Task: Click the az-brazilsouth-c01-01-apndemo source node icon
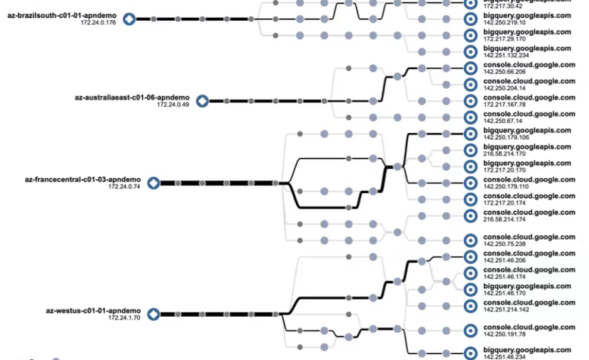click(129, 20)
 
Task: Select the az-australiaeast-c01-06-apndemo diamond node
click(202, 101)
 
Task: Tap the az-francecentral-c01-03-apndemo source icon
click(153, 183)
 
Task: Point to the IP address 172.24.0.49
click(172, 104)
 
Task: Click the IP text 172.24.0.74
click(123, 187)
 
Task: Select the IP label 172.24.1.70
click(124, 318)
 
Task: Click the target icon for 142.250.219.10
click(470, 19)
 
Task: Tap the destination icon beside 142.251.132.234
click(470, 52)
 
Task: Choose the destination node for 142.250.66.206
click(470, 68)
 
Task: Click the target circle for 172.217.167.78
click(470, 101)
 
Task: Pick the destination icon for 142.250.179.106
click(470, 133)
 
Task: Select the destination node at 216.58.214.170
click(470, 150)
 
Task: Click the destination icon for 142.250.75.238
click(470, 240)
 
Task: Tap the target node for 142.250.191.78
click(470, 330)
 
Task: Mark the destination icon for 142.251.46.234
click(470, 353)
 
